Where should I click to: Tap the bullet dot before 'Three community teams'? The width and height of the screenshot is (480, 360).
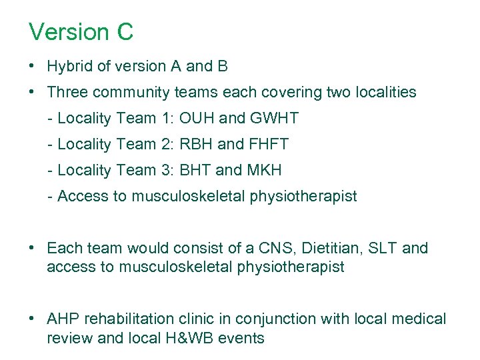(32, 92)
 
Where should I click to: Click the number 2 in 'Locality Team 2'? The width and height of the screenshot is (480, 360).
(166, 145)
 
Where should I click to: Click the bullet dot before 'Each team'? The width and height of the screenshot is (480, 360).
(32, 249)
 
